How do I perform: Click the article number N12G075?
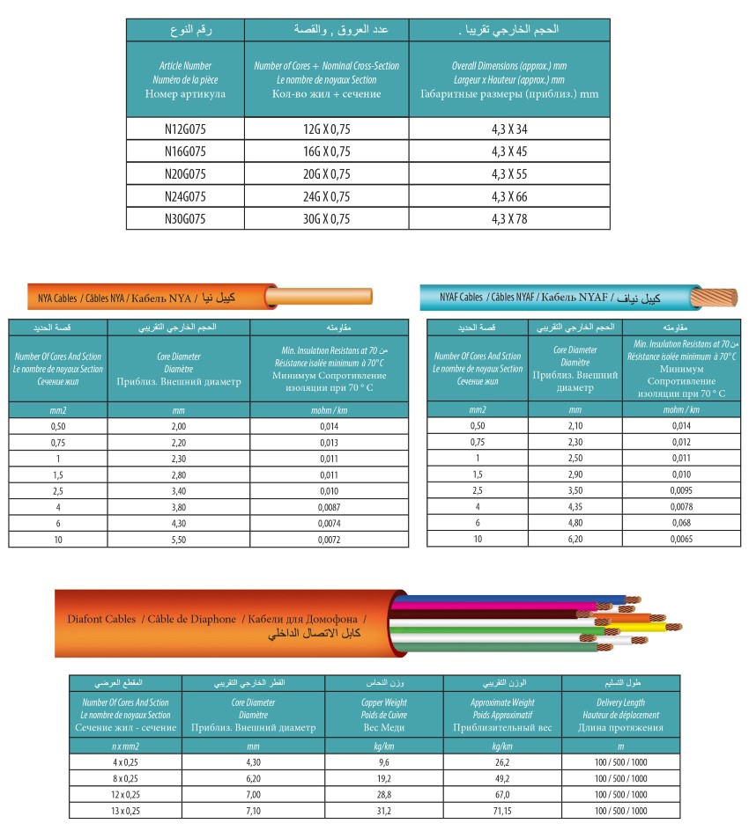[x=185, y=129]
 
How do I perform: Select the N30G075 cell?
[x=185, y=218]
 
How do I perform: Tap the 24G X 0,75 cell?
[x=326, y=196]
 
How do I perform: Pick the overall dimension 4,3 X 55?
[x=509, y=173]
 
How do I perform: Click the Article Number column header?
[x=185, y=79]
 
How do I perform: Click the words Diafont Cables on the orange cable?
[x=100, y=619]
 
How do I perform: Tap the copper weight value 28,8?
[x=384, y=795]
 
